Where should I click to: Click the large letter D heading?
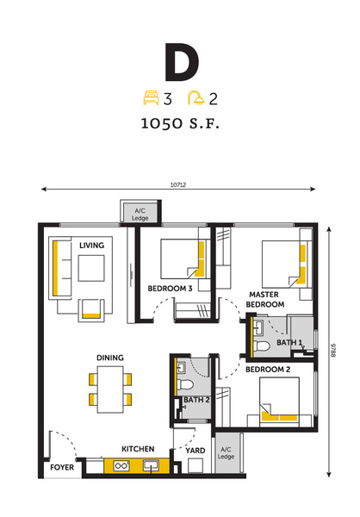coord(182,62)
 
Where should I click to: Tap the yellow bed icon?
coord(152,97)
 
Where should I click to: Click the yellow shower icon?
coord(196,98)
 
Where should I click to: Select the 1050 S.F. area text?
coord(180,123)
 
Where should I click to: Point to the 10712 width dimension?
coord(178,185)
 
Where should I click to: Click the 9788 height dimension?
coord(333,351)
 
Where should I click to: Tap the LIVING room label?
coord(91,246)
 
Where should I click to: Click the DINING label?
coord(110,358)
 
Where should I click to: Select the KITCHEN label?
coord(138,449)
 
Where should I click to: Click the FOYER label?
coord(62,467)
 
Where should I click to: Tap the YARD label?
coord(196,451)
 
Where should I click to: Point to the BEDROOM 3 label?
coord(170,289)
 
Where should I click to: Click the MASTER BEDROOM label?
coord(264,299)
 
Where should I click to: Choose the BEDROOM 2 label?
coord(268,370)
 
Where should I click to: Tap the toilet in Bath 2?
coord(185,385)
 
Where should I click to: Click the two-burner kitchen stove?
coord(121,466)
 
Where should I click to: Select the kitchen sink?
coord(151,466)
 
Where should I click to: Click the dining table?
coord(110,389)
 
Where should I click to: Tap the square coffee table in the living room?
coord(91,268)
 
